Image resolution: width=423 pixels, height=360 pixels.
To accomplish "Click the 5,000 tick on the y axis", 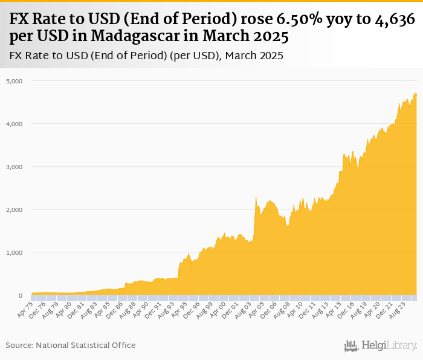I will [13, 80].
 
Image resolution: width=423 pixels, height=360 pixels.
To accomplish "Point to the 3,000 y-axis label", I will [13, 167].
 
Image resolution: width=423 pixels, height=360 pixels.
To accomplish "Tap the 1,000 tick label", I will [13, 252].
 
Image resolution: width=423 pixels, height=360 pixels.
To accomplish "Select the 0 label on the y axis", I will [20, 295].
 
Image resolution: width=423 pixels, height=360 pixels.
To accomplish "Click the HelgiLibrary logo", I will [380, 346].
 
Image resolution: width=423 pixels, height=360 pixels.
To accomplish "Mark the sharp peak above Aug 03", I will [256, 198].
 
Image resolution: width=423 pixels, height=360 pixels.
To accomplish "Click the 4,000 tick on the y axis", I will [13, 124].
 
